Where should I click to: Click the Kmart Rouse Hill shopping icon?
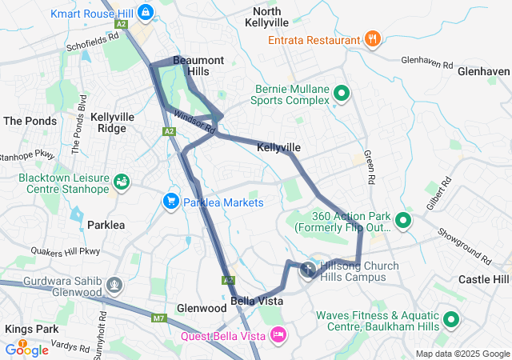[x=146, y=13]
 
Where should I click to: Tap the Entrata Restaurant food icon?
[x=372, y=38]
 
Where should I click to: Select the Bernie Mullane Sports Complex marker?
[x=342, y=94]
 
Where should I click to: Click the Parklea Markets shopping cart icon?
[x=170, y=202]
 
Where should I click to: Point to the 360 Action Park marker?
[x=403, y=221]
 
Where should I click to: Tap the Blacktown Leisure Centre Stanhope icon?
[x=122, y=182]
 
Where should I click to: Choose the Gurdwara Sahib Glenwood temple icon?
[x=115, y=285]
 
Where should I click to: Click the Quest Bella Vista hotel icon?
[x=278, y=335]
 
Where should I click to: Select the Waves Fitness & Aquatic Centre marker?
[x=451, y=321]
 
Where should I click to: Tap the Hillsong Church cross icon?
[x=308, y=270]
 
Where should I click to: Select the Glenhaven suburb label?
[x=483, y=70]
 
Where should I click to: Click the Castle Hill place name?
[x=483, y=278]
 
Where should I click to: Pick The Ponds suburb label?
[x=30, y=121]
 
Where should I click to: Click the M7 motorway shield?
[x=156, y=318]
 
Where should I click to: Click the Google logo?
[x=26, y=349]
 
